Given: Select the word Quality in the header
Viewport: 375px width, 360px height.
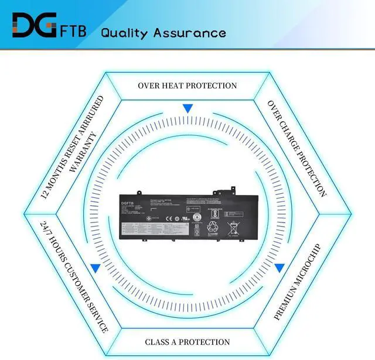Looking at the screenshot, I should tap(124, 33).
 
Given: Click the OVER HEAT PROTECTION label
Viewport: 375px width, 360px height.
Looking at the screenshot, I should tap(187, 85).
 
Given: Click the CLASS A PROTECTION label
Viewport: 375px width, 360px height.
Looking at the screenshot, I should tap(187, 341).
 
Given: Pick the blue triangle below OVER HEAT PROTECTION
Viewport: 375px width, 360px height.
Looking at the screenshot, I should tap(187, 108).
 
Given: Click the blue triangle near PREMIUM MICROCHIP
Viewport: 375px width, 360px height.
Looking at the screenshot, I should tap(279, 268).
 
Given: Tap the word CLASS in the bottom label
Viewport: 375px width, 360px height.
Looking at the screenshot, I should tap(158, 341).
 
